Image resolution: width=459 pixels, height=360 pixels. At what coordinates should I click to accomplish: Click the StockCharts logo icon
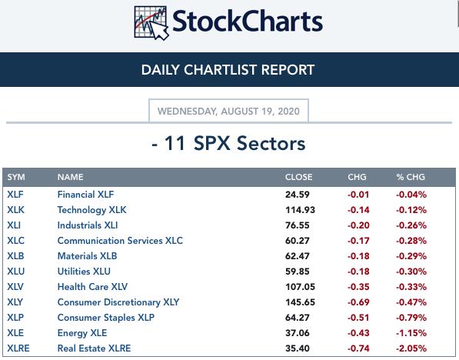point(151,23)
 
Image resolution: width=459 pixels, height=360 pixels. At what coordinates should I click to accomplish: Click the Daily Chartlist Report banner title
point(228,70)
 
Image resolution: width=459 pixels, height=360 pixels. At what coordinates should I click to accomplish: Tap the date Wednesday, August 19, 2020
point(228,112)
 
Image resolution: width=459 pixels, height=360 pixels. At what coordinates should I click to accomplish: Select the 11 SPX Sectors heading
point(228,143)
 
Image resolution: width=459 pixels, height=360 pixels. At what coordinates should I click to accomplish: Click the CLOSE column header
point(298,177)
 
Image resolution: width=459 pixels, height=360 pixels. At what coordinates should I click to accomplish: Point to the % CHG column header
point(411,177)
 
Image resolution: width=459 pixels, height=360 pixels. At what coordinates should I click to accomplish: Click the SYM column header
point(16,177)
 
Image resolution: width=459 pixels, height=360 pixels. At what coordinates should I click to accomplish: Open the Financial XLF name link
point(85,194)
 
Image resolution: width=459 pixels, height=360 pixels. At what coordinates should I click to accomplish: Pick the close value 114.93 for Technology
point(300,210)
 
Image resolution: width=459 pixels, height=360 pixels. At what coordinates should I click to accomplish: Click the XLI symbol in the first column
point(14,225)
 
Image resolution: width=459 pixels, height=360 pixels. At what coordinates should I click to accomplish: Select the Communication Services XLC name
point(120,241)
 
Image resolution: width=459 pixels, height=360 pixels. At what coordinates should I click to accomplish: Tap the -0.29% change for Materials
point(411,256)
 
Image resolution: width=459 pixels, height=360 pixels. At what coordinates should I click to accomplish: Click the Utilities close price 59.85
point(297,272)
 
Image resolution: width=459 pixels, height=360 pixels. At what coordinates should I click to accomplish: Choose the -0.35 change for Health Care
point(358,287)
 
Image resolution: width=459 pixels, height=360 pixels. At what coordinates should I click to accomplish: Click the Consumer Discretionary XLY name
point(118,302)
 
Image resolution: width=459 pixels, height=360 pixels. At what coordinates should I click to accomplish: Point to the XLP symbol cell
point(15,317)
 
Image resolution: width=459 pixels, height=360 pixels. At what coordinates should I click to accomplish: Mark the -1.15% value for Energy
point(411,333)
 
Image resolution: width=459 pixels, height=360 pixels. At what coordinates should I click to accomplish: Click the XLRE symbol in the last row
point(18,348)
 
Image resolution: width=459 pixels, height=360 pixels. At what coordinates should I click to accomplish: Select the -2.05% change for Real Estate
point(411,348)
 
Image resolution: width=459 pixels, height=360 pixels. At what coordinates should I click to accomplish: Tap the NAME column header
point(70,177)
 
